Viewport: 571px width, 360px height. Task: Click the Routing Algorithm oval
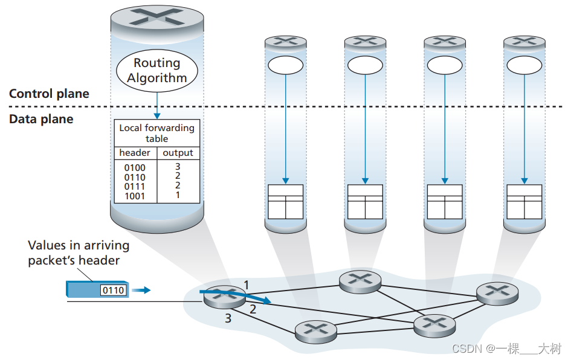[156, 70]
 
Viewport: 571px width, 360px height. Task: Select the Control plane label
[49, 94]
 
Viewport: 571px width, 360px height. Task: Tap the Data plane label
[41, 119]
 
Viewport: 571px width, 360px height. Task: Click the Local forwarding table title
[156, 133]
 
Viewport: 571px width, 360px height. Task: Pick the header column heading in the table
[135, 153]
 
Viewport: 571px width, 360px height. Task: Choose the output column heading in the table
[178, 153]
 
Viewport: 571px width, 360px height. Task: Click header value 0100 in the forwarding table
[135, 168]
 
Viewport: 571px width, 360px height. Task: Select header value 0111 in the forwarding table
[135, 187]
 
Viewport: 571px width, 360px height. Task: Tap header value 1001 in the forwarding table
[135, 196]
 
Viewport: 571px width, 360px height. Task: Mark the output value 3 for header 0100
[178, 166]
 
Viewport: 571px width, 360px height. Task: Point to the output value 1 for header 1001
[178, 195]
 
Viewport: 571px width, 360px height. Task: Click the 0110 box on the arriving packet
[113, 291]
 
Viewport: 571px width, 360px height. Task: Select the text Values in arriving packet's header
[79, 253]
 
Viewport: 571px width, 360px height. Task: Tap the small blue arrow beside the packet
[141, 291]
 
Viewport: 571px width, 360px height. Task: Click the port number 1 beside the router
[246, 283]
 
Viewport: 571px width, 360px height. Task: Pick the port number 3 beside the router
[228, 318]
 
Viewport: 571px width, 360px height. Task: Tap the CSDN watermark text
[506, 349]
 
